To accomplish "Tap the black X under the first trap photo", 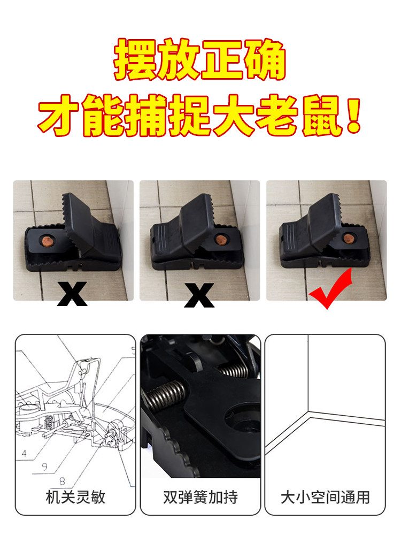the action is [x=72, y=294].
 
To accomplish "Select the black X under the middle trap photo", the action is [x=199, y=295].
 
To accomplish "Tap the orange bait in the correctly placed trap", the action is [x=349, y=238].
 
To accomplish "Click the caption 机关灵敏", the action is [x=75, y=497].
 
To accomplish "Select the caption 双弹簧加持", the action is [x=200, y=497].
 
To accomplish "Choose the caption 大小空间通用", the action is [x=325, y=497].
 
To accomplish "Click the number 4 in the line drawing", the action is [x=24, y=453].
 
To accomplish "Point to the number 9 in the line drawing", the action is [x=45, y=467].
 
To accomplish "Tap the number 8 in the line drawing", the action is [x=62, y=481].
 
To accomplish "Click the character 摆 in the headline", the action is [x=135, y=60].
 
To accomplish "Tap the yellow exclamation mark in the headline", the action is [x=353, y=116].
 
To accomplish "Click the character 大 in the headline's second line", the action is [x=234, y=116].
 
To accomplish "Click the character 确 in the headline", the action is [x=265, y=60].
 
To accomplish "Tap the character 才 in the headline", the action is [x=58, y=116].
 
